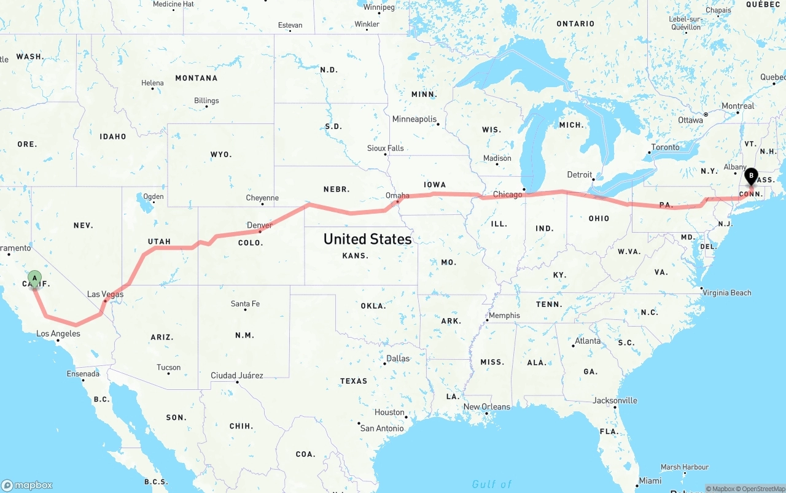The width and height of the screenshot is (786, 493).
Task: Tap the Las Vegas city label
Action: coord(105,294)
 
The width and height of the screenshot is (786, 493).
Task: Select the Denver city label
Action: coord(260,225)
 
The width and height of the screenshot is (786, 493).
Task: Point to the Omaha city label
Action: coord(397,195)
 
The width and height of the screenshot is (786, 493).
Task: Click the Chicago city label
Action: coord(508,195)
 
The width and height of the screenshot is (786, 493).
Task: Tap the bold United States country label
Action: coord(367,239)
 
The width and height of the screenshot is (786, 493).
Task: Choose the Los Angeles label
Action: coord(58,334)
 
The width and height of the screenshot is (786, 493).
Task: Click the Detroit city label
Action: coord(580,174)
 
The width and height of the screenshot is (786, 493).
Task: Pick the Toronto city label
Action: coord(666,147)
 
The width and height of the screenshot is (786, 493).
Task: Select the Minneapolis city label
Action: coord(414,119)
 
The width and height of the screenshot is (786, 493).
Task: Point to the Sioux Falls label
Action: coord(386,148)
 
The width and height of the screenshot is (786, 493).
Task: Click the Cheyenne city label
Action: coord(262,198)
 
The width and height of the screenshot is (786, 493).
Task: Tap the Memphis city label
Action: coord(504,316)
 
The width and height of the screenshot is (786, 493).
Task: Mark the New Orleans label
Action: coord(487,406)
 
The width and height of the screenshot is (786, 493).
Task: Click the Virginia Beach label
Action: coord(728,293)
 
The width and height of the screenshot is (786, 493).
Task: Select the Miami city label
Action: coord(650,481)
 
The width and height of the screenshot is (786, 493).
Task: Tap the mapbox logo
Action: coord(27,485)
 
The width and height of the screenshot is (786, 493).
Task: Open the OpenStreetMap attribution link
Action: coord(762,489)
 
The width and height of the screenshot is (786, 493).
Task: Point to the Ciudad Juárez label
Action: coord(237,375)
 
